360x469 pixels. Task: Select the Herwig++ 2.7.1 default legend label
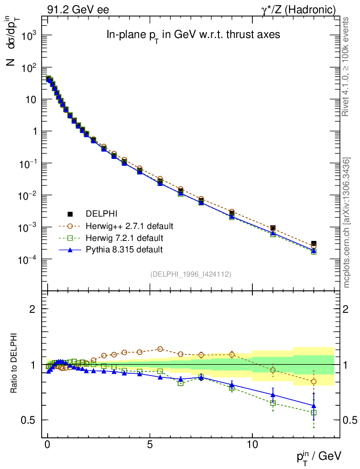coord(129,226)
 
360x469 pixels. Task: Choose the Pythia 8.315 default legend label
coord(124,250)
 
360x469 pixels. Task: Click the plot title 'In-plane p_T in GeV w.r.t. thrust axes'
coord(193,35)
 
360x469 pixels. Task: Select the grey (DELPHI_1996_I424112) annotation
coord(191,274)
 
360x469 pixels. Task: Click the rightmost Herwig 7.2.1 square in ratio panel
coord(314,413)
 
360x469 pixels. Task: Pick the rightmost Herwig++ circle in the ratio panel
coord(314,382)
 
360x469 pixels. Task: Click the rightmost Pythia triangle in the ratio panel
coord(314,406)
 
